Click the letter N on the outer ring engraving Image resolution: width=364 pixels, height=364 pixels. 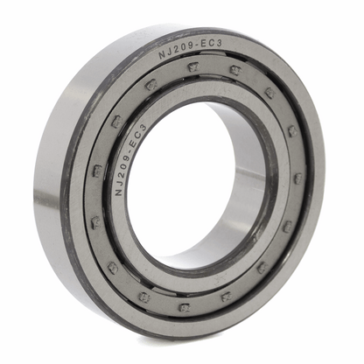162,55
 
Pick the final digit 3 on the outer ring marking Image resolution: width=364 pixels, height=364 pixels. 220,43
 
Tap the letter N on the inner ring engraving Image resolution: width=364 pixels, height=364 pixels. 119,192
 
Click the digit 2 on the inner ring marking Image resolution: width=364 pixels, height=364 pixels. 122,175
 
